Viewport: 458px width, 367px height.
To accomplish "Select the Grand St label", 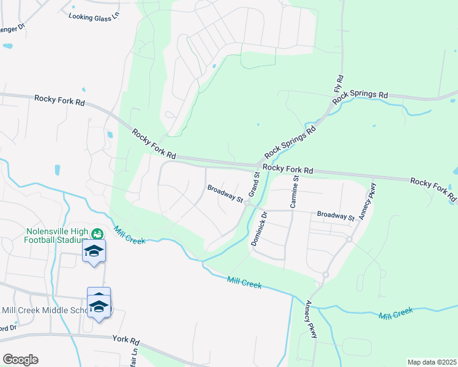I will pos(254,184).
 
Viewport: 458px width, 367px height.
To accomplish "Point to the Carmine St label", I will pos(294,192).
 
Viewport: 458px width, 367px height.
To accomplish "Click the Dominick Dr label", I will pos(258,229).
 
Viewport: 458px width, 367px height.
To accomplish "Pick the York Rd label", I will pos(126,339).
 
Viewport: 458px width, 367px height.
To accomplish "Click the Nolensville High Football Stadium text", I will pos(57,236).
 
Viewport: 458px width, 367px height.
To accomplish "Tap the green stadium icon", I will pos(97,233).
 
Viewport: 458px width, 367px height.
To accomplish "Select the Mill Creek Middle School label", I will pos(45,310).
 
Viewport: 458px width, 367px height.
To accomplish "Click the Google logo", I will pos(20,360).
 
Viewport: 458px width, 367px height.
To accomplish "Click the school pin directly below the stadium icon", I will pos(94,251).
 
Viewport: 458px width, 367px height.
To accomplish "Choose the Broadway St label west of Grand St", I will pos(225,193).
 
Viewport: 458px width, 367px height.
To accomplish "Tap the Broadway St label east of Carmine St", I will pos(336,216).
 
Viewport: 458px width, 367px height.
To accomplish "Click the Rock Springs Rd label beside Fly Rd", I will pos(361,95).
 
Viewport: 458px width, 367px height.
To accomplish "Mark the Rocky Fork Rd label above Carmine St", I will pos(288,168).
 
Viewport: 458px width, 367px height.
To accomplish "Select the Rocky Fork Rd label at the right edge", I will pos(434,189).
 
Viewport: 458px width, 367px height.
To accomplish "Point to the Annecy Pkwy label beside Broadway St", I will pos(367,201).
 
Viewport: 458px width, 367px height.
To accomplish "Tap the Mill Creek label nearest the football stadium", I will pos(129,235).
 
